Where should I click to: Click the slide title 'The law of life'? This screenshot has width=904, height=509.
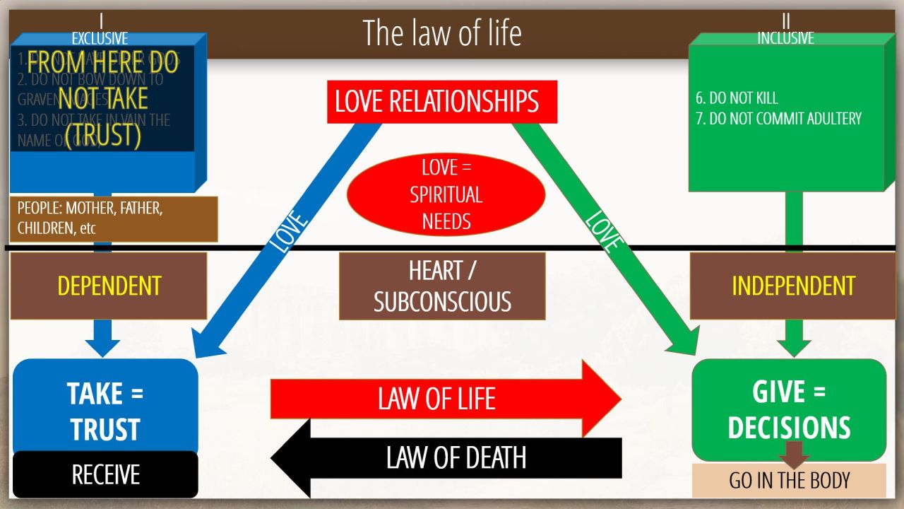point(442,33)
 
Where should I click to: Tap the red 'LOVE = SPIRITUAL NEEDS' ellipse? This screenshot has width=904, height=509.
point(446,194)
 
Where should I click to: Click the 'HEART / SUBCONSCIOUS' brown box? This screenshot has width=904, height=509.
point(442,286)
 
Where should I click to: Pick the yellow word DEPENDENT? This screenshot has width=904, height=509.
point(109,286)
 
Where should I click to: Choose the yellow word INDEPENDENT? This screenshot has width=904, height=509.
point(793,286)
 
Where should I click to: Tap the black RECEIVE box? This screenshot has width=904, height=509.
point(105,474)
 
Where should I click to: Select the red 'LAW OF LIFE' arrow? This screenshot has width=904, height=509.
point(438,399)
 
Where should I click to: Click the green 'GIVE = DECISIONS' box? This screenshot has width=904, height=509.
point(789,409)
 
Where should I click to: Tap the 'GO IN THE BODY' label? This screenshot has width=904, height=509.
point(789,481)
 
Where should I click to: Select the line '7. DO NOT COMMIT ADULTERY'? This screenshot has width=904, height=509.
point(778,118)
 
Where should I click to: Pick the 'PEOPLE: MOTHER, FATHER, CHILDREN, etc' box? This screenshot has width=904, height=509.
point(114,219)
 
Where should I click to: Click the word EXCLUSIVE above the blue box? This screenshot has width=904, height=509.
point(100,39)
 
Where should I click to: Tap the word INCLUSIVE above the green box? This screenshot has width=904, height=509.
point(785,38)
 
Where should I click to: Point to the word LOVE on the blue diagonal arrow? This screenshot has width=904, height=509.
point(290,231)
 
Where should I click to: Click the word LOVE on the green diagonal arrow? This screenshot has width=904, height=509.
point(604,231)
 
